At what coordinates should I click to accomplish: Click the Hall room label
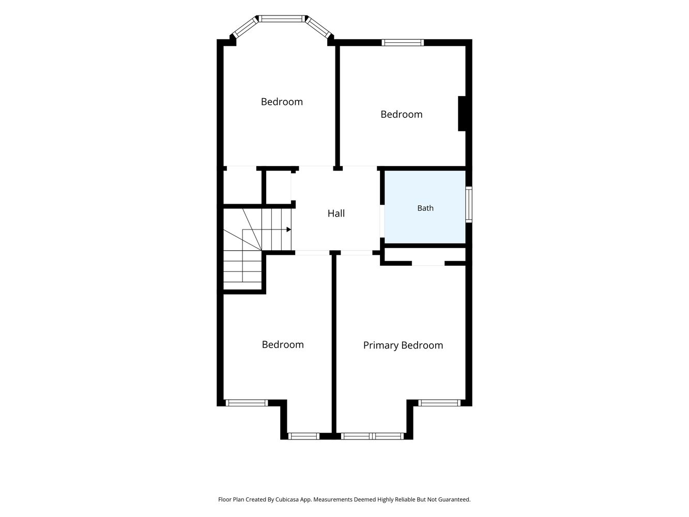336,214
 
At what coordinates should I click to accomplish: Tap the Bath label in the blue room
425,208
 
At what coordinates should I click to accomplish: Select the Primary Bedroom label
403,345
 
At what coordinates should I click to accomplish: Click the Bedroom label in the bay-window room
282,102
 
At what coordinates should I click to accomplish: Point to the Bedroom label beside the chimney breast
402,114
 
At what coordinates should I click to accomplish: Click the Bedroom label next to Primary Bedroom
283,345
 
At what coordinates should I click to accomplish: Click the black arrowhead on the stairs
289,230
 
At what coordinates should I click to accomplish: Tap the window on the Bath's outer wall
469,204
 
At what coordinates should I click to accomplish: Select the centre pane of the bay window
281,19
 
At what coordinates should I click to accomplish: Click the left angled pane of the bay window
244,27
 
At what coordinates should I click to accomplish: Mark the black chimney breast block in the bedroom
462,114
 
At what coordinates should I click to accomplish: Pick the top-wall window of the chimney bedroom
403,43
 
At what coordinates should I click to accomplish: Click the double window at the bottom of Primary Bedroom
372,436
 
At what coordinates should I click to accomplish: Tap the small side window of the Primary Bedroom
439,403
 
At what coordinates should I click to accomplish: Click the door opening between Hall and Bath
382,221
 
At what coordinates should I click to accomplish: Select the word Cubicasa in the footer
287,499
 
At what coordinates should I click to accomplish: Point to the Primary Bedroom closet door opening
428,263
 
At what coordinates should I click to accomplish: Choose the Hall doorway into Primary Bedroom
357,253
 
